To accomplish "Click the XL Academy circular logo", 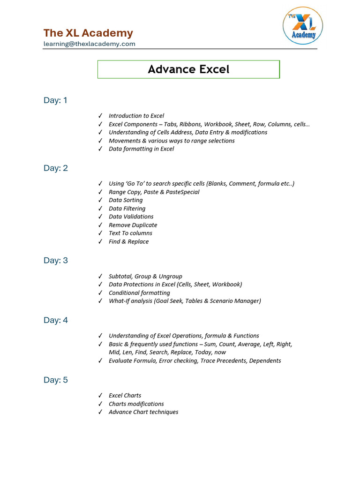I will pyautogui.click(x=303, y=25).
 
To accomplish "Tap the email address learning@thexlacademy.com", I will pyautogui.click(x=89, y=44).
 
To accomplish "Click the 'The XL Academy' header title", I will pyautogui.click(x=88, y=33).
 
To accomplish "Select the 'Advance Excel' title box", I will pyautogui.click(x=188, y=69).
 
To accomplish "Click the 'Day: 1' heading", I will pyautogui.click(x=56, y=100).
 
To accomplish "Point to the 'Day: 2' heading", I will pyautogui.click(x=56, y=168).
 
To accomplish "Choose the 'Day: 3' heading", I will pyautogui.click(x=56, y=261).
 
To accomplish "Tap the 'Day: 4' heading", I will pyautogui.click(x=56, y=320).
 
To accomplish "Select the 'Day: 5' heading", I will pyautogui.click(x=56, y=380).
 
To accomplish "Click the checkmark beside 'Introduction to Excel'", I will pyautogui.click(x=100, y=116).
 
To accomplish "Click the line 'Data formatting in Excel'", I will pyautogui.click(x=141, y=149).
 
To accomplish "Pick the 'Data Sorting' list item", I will pyautogui.click(x=126, y=200).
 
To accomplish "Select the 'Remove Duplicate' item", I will pyautogui.click(x=133, y=225).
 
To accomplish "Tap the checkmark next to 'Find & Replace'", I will pyautogui.click(x=100, y=242).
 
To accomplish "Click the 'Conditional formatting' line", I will pyautogui.click(x=139, y=293).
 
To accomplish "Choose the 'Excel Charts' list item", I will pyautogui.click(x=125, y=396).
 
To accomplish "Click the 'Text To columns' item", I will pyautogui.click(x=130, y=233).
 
